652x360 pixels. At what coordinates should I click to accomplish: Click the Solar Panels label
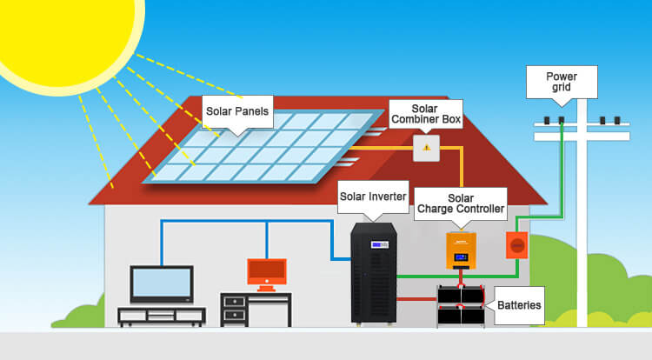coord(237,111)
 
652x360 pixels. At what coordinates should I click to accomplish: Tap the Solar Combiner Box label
coord(426,114)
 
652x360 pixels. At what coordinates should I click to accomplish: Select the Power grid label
coord(562,82)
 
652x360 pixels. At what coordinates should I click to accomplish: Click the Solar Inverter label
coord(373,197)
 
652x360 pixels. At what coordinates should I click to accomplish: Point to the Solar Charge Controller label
coord(461,203)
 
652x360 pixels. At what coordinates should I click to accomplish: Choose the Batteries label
coord(519,305)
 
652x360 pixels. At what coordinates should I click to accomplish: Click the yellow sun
coord(63,37)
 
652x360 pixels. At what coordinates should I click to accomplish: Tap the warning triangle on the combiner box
coord(426,148)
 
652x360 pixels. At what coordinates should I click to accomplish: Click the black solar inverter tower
coord(374,273)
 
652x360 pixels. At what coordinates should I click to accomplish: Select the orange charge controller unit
coord(461,250)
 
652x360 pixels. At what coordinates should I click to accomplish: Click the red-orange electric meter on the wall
coord(517,245)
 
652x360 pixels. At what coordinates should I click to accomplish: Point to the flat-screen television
coord(162,284)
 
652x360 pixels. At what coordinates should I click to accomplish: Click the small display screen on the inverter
coord(380,245)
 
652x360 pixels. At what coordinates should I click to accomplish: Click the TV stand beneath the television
coord(162,317)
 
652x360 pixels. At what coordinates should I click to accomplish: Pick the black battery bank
coord(461,305)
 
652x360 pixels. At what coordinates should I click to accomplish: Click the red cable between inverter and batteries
coord(417,299)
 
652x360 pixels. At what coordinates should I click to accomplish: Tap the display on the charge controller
coord(461,257)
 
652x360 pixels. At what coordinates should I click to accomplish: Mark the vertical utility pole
coord(582,213)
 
